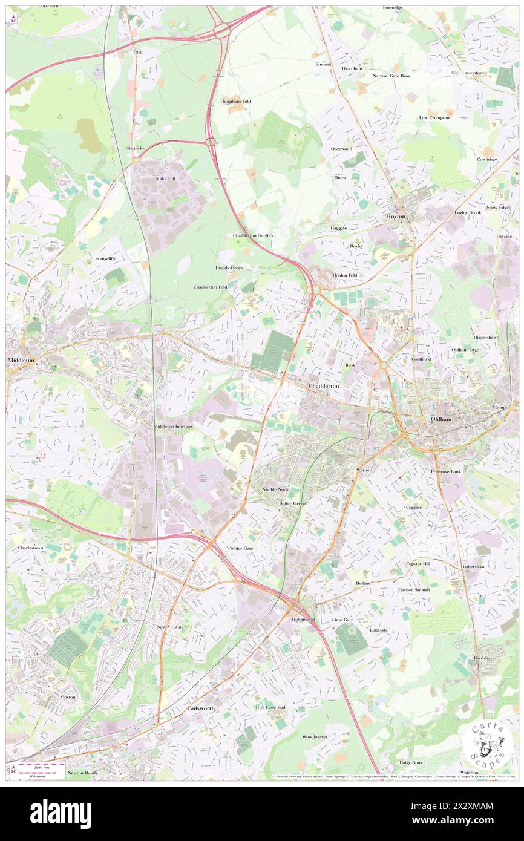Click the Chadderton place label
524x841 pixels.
point(324,385)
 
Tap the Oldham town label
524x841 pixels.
point(440,419)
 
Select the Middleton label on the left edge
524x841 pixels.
point(21,360)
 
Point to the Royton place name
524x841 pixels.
point(396,216)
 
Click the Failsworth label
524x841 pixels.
point(201,708)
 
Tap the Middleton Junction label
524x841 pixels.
point(173,426)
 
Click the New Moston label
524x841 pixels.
point(170,627)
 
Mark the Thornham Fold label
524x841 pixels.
point(235,101)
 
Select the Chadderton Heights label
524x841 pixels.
point(253,235)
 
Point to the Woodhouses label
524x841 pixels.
point(315,736)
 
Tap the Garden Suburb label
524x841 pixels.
point(413,589)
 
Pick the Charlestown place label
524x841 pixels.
point(31,548)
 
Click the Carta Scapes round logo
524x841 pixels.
point(488,744)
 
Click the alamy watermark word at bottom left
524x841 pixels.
point(61,814)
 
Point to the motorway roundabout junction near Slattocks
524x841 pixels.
point(211,142)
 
